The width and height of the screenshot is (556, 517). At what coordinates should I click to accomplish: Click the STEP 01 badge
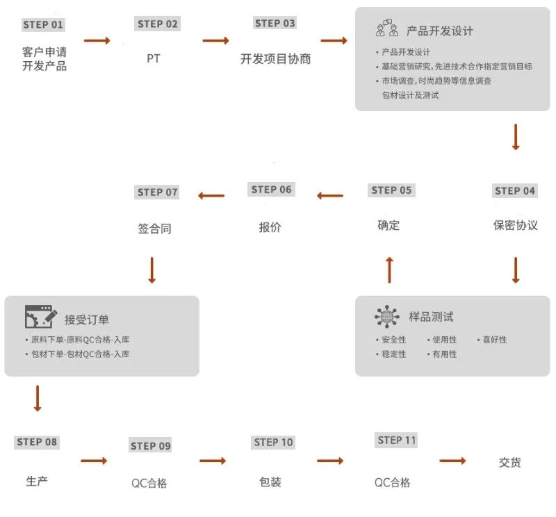click(43, 25)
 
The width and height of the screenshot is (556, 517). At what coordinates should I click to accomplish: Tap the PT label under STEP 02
click(154, 59)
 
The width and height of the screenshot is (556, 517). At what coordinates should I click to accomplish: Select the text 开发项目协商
click(275, 59)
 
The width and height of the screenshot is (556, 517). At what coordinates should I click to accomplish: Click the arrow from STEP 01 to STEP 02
click(97, 41)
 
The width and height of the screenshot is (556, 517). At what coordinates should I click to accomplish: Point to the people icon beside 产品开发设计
click(387, 29)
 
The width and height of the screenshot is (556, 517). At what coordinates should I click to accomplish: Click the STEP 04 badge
click(515, 191)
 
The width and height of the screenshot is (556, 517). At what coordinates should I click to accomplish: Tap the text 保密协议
click(515, 226)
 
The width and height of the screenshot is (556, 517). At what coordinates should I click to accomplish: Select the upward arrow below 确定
click(389, 269)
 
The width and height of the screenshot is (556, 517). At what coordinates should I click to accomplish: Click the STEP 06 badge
click(272, 190)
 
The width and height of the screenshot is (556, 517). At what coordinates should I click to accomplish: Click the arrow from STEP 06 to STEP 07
click(211, 196)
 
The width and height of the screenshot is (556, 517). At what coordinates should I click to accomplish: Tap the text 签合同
click(154, 229)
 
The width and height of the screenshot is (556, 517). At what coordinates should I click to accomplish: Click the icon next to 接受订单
click(40, 317)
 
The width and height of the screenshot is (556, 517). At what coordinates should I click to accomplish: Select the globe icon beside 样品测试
click(387, 317)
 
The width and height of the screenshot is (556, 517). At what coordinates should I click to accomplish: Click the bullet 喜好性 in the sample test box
click(494, 340)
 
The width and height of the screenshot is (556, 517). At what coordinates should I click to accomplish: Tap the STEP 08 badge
click(38, 442)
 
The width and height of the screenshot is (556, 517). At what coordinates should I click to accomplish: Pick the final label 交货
click(509, 463)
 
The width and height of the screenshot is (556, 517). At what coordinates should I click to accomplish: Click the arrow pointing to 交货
click(452, 461)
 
